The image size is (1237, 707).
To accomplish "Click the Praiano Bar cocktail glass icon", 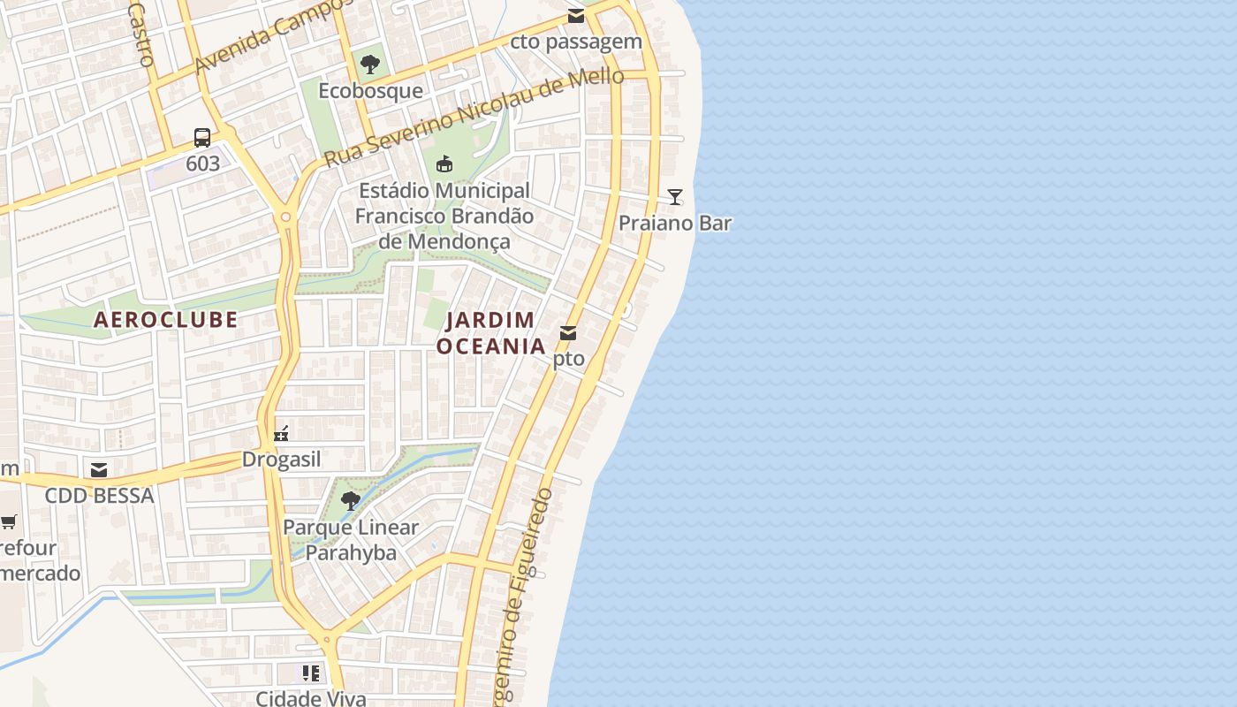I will click(675, 196).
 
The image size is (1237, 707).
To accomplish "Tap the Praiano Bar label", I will click(675, 223).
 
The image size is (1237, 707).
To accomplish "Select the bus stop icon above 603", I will click(202, 137).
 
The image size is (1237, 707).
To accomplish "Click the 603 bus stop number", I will click(202, 163).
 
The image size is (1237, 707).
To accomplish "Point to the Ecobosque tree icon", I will click(370, 64).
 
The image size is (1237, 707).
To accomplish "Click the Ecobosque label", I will click(370, 91).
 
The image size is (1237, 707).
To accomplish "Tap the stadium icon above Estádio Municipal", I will click(444, 164).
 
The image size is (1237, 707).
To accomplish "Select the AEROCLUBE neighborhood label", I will click(166, 319).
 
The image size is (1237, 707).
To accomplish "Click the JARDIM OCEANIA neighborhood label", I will click(491, 333).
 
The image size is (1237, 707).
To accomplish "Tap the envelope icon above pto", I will click(568, 333).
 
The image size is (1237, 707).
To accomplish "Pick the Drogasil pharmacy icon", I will click(282, 433).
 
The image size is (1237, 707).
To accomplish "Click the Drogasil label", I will click(282, 460).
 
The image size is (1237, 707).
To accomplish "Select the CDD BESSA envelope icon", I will click(99, 469).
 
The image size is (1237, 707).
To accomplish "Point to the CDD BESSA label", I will click(99, 496).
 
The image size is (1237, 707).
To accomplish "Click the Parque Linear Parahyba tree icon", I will click(351, 501).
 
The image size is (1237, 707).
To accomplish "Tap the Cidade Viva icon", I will click(310, 673).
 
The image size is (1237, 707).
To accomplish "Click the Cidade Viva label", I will click(310, 698).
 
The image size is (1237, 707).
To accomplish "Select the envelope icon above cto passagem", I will click(576, 15).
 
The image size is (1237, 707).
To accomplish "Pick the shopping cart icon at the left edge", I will click(8, 521).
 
